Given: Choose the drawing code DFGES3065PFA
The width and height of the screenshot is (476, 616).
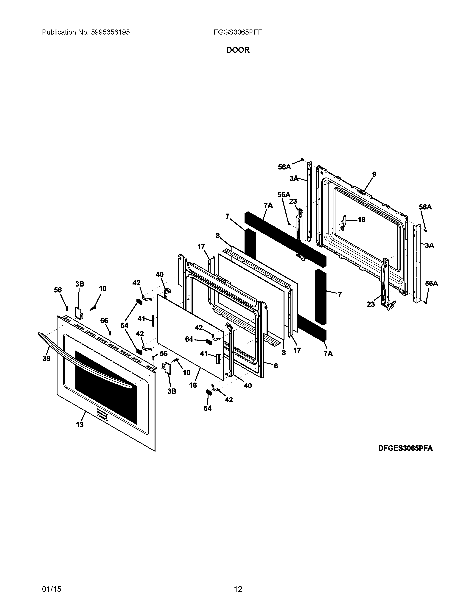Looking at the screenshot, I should pyautogui.click(x=405, y=448).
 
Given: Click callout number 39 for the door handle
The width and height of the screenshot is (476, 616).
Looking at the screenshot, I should pyautogui.click(x=46, y=358).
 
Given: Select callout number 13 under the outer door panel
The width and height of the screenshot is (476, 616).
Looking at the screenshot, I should pyautogui.click(x=80, y=424).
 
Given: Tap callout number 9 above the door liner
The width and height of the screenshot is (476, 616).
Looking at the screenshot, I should pyautogui.click(x=374, y=174).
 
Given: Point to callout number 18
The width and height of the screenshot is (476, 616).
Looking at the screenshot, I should pyautogui.click(x=362, y=220).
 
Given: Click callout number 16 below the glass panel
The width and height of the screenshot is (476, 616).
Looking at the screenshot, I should pyautogui.click(x=193, y=385).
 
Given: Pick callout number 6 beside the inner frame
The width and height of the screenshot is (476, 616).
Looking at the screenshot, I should pyautogui.click(x=276, y=366).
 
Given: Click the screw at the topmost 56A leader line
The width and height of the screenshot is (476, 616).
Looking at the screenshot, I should pyautogui.click(x=302, y=159).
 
